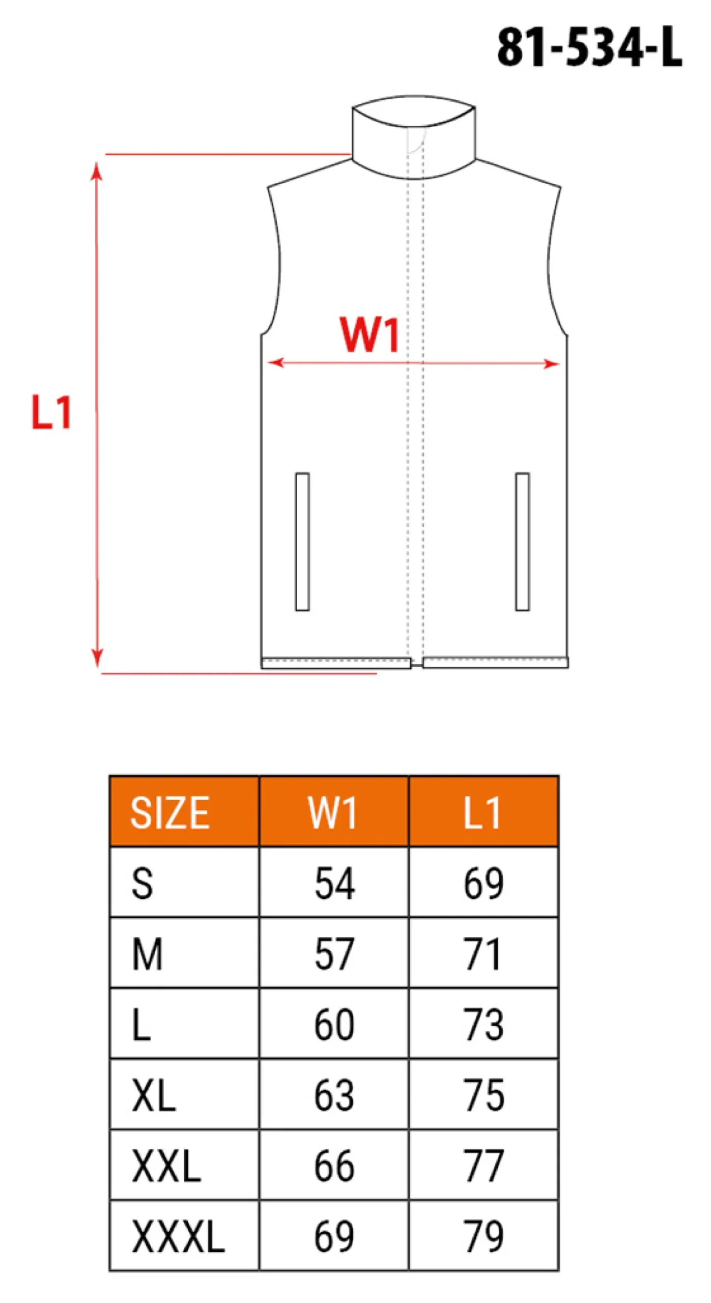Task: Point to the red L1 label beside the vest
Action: click(51, 412)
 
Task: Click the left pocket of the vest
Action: click(302, 542)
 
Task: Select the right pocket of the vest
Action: click(522, 542)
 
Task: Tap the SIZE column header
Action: click(169, 813)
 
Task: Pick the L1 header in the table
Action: click(482, 813)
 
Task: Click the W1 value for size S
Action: click(334, 884)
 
